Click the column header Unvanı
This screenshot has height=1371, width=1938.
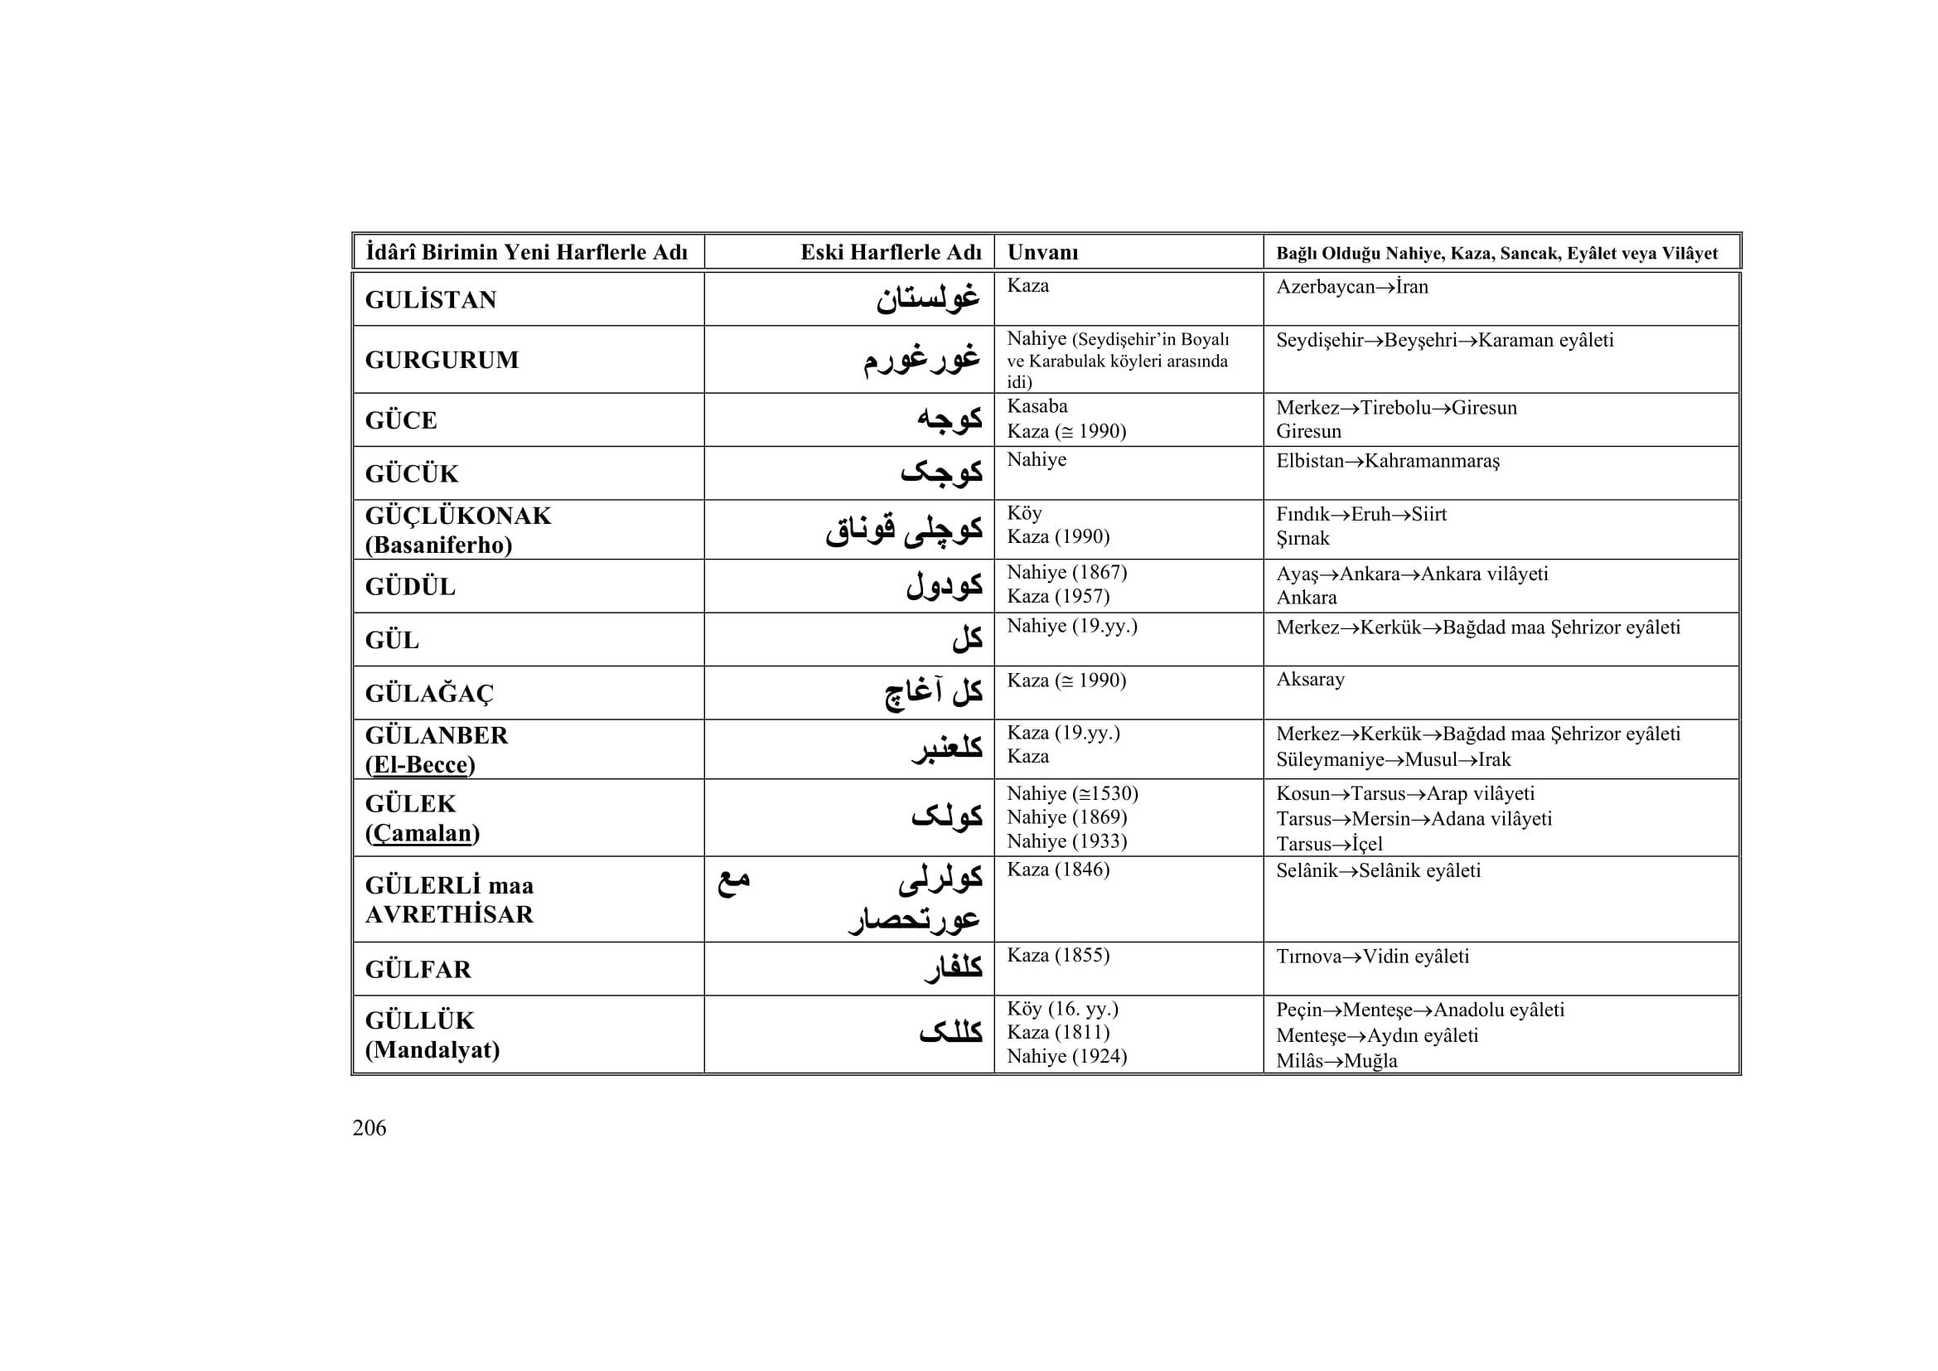coord(1042,253)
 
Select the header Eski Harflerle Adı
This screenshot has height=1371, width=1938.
coord(891,253)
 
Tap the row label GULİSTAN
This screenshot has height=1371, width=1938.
coord(431,300)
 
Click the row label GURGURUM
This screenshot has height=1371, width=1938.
coord(442,360)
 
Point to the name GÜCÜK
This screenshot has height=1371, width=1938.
coord(411,473)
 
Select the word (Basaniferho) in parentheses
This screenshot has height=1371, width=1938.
coord(438,545)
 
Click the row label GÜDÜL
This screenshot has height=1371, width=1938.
coord(409,587)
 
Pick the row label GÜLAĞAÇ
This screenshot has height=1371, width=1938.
coord(429,693)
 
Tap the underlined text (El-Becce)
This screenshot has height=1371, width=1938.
coord(419,764)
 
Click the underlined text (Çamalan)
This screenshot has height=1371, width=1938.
coord(422,832)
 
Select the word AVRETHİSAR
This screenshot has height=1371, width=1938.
coord(449,914)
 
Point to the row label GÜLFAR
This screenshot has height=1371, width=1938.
coord(418,969)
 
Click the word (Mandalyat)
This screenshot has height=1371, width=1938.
coord(433,1049)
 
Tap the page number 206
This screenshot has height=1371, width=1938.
coord(369,1128)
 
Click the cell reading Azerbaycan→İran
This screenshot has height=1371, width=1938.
coord(1351,287)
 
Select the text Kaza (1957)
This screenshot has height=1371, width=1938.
coord(1057,596)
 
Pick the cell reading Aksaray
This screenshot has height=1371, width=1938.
coord(1310,680)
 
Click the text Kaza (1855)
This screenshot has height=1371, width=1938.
coord(1057,955)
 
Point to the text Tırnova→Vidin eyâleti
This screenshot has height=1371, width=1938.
coord(1372,957)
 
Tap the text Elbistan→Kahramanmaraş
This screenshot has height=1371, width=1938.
coord(1388,461)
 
